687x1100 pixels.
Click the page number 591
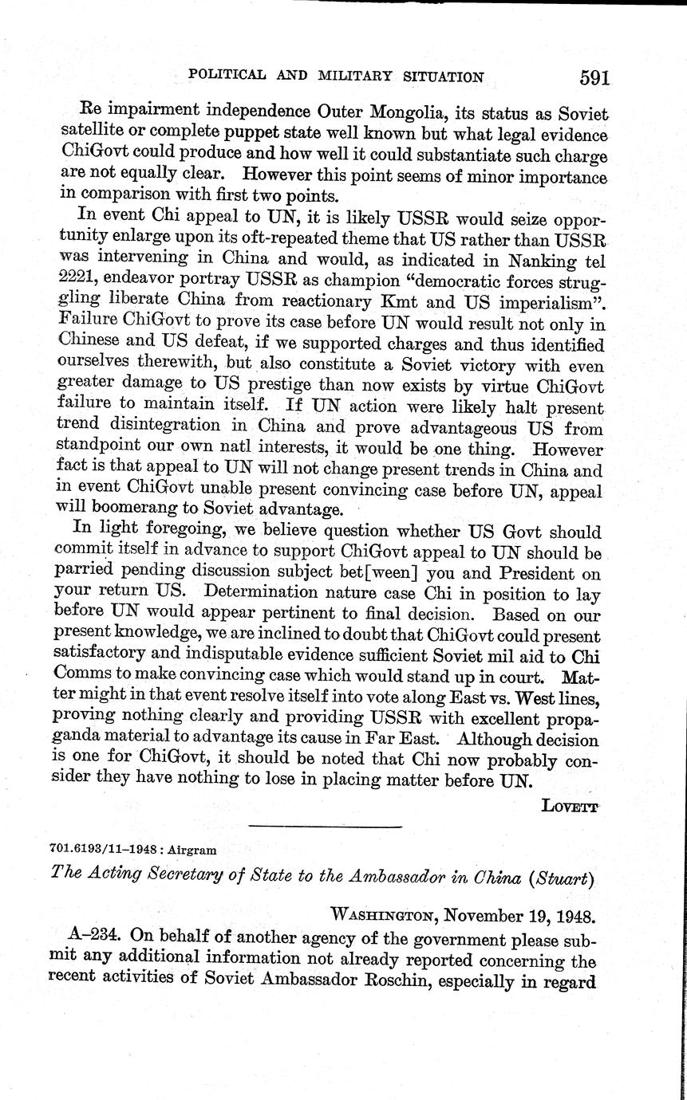595,77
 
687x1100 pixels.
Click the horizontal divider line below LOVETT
326,824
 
